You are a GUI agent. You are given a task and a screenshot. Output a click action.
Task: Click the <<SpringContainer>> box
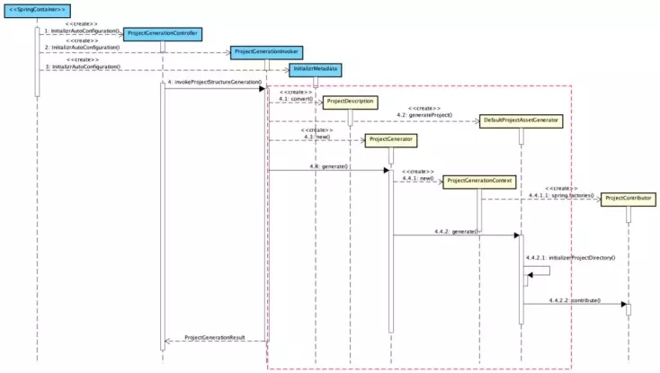pyautogui.click(x=37, y=10)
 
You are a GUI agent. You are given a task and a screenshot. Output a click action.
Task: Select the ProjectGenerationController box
pyautogui.click(x=162, y=33)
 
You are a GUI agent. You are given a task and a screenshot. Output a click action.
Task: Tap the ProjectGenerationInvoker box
pyautogui.click(x=267, y=52)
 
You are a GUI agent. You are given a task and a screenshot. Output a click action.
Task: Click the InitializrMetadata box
pyautogui.click(x=315, y=69)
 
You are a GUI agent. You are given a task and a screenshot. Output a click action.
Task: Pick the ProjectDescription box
pyautogui.click(x=350, y=101)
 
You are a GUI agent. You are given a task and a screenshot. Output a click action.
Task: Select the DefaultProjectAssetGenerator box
pyautogui.click(x=521, y=120)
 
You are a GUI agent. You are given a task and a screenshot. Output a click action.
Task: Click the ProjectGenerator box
pyautogui.click(x=390, y=139)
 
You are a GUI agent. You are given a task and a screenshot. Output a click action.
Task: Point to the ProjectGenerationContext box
pyautogui.click(x=479, y=181)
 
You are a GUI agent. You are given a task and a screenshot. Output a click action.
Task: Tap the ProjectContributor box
pyautogui.click(x=629, y=198)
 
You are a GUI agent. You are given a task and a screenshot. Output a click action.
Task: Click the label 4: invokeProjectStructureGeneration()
pyautogui.click(x=214, y=82)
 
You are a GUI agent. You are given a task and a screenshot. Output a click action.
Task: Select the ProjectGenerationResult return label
pyautogui.click(x=215, y=337)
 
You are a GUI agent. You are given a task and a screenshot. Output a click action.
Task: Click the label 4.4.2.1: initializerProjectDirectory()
pyautogui.click(x=570, y=258)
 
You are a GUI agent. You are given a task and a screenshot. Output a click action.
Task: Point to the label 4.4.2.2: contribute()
pyautogui.click(x=575, y=299)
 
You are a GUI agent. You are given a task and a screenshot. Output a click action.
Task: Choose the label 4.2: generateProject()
pyautogui.click(x=425, y=115)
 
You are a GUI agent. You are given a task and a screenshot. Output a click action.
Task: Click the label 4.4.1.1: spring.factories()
pyautogui.click(x=560, y=195)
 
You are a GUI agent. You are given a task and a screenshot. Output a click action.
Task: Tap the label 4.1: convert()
pyautogui.click(x=295, y=99)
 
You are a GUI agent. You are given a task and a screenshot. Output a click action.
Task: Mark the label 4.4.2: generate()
pyautogui.click(x=455, y=231)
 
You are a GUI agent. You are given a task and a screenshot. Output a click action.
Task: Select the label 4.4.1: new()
pyautogui.click(x=419, y=178)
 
